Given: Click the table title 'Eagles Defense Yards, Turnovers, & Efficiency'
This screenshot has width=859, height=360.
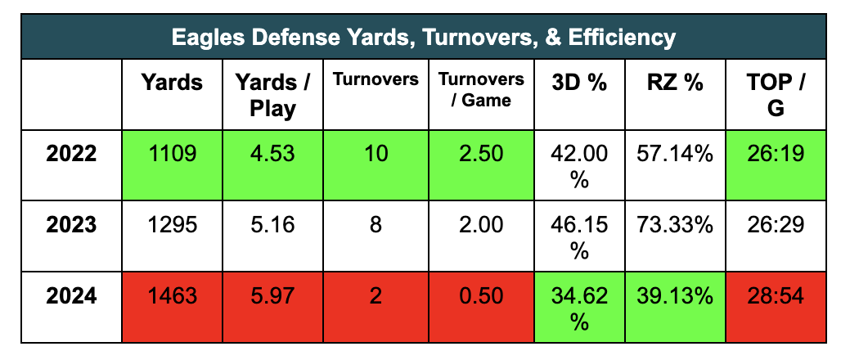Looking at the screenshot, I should point(424,38).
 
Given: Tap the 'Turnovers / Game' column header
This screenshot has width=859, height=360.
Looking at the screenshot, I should point(481,90).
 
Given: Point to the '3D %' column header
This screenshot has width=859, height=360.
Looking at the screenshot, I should point(579,82).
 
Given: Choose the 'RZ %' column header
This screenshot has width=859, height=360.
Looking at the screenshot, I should point(674,82).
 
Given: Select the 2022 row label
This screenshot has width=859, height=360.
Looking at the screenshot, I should point(71,154).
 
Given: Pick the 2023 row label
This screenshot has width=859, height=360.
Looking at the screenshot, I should point(71,225).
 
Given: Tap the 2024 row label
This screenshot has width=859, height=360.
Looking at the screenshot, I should point(71,295).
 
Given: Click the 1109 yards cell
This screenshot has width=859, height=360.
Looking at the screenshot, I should point(172,154).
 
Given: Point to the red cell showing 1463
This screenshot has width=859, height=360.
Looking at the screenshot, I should point(172,295).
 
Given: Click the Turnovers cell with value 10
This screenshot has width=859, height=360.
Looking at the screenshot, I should point(376,154).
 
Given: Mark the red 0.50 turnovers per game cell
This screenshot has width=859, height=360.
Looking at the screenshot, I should point(481,295).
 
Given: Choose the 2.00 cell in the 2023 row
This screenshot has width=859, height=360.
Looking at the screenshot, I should point(481,225).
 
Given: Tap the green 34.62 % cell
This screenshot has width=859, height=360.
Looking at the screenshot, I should point(579,307).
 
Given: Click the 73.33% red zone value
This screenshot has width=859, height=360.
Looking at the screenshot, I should point(674,225).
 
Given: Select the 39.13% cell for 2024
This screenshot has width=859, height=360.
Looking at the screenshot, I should point(674,295).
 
